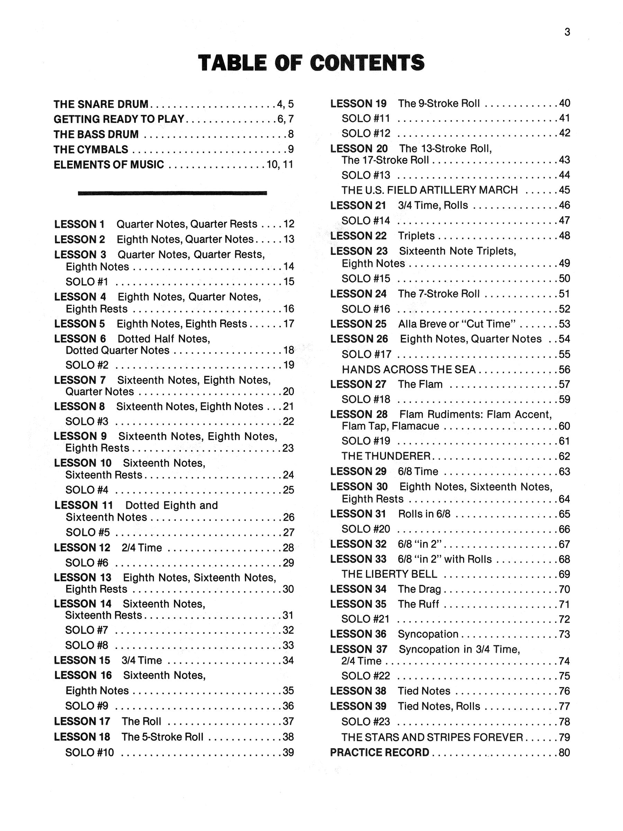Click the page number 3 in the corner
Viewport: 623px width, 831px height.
pos(567,32)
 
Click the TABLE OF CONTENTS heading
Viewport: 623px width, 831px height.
pos(311,62)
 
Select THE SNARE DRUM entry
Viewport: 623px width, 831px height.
pos(101,104)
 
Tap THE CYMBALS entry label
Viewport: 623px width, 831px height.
pos(91,150)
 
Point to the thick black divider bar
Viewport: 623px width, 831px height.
pos(172,193)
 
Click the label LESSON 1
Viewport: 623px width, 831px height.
pos(79,224)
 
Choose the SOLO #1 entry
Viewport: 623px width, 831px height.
pos(87,282)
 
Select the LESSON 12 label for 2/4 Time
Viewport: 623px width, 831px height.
pos(82,548)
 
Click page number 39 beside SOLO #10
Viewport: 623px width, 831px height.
pos(288,752)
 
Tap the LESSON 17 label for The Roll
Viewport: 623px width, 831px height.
pos(82,721)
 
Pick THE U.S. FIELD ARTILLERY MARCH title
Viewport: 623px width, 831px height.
pos(430,190)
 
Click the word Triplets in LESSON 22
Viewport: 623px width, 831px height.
pos(416,236)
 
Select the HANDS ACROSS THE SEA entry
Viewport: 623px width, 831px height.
pos(408,370)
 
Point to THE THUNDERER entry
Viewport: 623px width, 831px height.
pos(386,456)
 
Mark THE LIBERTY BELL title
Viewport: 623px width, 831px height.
pos(389,574)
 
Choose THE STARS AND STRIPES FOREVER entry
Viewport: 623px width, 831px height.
pos(432,737)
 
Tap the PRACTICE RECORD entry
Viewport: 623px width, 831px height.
pos(379,752)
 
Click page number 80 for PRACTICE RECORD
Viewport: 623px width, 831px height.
pos(564,752)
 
